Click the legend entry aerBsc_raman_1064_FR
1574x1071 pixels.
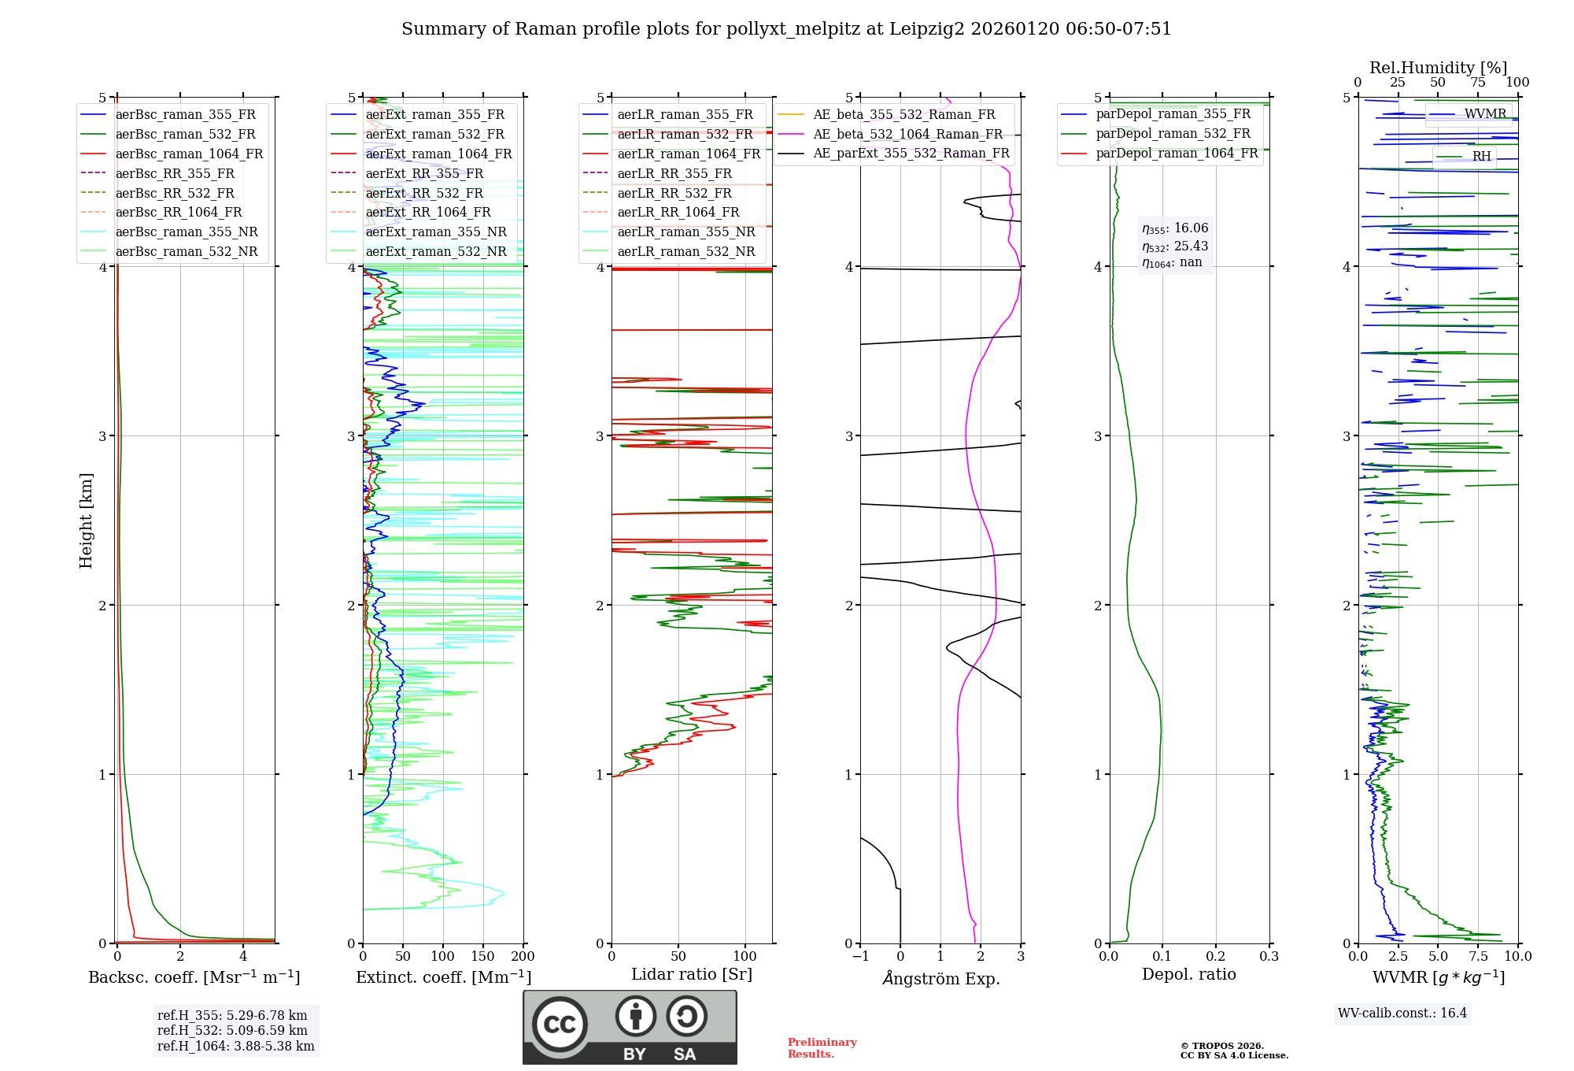189,154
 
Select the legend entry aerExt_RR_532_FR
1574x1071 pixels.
424,193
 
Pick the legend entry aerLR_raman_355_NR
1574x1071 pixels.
685,232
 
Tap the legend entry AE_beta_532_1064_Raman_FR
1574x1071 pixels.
907,134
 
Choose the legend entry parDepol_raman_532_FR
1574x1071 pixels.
1173,134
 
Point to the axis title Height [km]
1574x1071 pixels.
86,521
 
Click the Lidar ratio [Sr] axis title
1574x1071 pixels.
691,974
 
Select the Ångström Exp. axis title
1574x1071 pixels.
940,978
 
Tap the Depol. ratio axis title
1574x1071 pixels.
1188,974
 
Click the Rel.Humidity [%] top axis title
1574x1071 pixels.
1438,68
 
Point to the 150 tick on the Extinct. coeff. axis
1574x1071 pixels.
482,956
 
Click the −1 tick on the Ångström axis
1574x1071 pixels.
859,956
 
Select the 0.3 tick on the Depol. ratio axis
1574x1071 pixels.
1269,956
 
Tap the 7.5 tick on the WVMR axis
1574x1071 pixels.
1478,956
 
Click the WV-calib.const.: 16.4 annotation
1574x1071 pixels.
1402,1013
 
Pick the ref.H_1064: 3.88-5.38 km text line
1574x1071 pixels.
235,1046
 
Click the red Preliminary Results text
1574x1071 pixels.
822,1047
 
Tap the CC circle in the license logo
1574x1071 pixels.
560,1025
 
